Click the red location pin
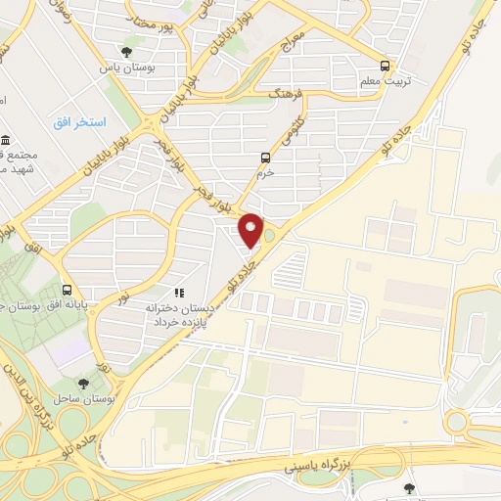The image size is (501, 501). click(251, 230)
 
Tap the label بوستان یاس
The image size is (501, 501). click(124, 68)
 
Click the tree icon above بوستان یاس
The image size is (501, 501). click(124, 53)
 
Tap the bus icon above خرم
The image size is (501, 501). click(265, 158)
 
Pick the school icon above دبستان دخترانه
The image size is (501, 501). click(178, 292)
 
